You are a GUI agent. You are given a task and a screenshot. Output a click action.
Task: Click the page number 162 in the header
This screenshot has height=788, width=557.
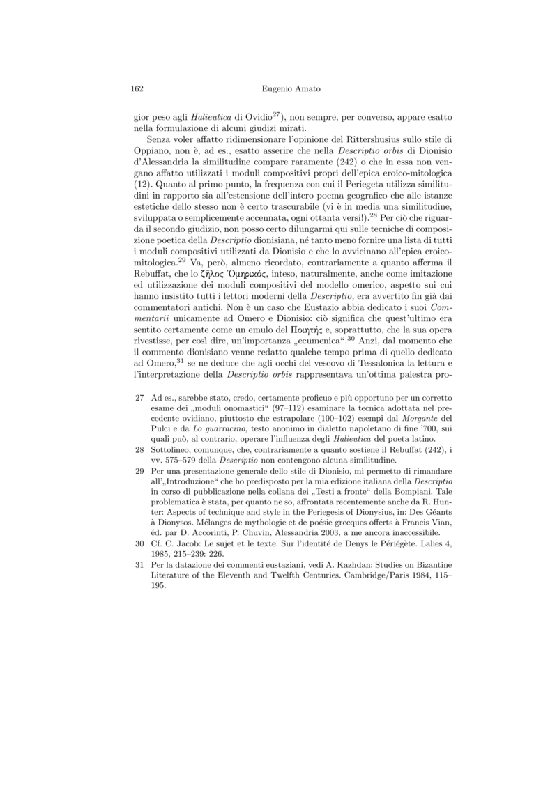137,89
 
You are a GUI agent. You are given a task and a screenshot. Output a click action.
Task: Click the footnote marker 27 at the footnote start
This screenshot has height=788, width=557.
138,397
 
